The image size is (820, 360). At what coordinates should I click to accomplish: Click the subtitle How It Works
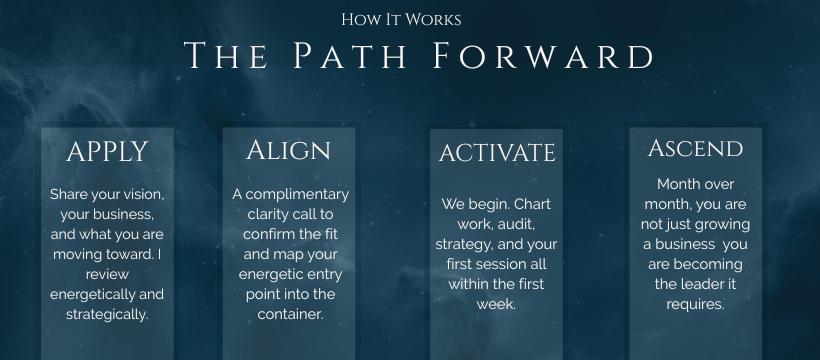401,20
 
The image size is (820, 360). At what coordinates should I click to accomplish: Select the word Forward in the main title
543,55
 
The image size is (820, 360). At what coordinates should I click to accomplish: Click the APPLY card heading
107,152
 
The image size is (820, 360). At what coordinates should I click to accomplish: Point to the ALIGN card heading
289,150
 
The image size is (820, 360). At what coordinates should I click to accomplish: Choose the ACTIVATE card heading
497,153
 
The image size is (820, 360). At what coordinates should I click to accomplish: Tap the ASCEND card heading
696,148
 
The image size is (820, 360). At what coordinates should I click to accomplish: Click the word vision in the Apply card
146,195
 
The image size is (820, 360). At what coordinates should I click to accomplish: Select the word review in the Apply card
107,274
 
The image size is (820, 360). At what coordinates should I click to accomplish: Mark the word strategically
107,315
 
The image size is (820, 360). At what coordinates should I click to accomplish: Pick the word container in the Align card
290,314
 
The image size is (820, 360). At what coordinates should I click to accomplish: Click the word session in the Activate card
495,264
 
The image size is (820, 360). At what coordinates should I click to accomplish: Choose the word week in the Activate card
496,305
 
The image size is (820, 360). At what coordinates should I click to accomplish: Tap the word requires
695,305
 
